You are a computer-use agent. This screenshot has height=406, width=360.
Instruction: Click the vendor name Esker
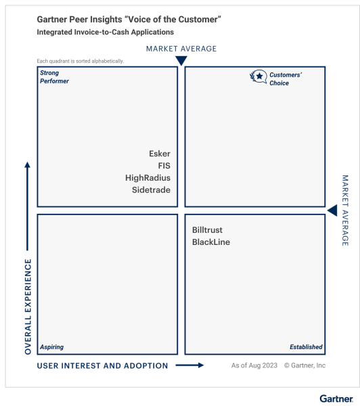point(160,154)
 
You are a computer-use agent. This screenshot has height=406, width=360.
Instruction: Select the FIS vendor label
point(164,166)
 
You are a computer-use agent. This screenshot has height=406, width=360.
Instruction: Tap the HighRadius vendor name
point(148,178)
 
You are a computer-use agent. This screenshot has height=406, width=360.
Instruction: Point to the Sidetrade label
point(151,189)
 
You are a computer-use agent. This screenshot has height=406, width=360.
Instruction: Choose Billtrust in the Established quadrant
point(207,230)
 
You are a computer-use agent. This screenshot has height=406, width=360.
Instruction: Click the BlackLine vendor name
point(211,242)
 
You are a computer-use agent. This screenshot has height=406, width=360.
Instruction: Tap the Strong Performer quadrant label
point(54,77)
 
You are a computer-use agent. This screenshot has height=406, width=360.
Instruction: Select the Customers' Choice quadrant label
point(286,79)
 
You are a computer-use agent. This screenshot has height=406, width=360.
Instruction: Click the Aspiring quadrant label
point(51,347)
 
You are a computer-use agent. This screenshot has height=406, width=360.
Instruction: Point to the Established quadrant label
point(306,347)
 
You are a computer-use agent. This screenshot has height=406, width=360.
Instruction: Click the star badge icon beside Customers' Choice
point(258,76)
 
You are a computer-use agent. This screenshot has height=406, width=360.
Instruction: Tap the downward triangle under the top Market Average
point(181,61)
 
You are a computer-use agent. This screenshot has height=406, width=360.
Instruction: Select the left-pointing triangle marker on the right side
point(332,210)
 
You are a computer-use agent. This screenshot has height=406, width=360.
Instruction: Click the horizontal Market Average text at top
point(181,49)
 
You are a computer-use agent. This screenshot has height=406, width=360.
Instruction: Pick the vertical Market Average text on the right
point(345,210)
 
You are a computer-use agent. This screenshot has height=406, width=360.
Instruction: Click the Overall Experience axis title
point(28,307)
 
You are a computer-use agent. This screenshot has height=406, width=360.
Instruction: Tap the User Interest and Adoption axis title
point(103,365)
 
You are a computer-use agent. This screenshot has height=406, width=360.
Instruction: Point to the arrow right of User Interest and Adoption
point(189,365)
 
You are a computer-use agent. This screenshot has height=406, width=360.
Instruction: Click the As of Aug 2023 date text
point(254,365)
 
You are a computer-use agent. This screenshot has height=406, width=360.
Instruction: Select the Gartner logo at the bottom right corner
point(336,399)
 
